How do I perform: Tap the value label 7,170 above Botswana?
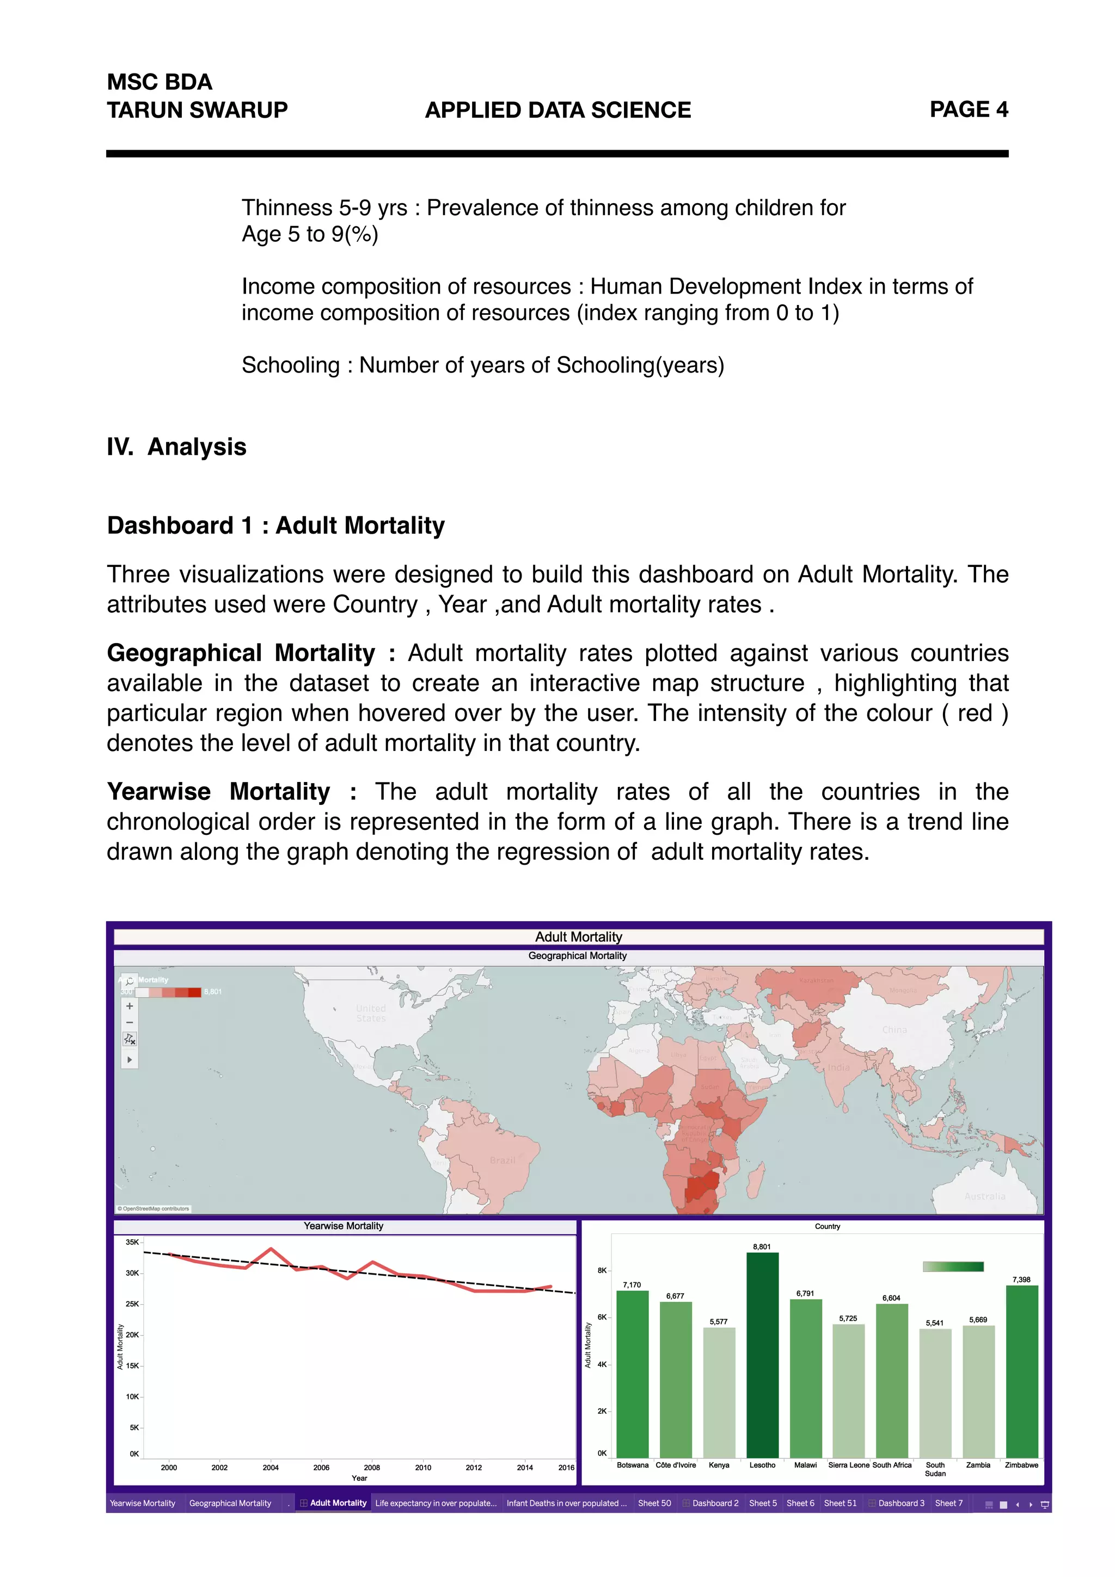click(632, 1285)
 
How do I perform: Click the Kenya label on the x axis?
click(719, 1465)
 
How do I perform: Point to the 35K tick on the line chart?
click(132, 1242)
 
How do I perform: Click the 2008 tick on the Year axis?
click(371, 1467)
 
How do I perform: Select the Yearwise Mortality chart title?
click(344, 1226)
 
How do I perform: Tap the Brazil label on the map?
click(502, 1160)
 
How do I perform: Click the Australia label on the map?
click(984, 1196)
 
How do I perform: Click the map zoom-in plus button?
click(129, 1006)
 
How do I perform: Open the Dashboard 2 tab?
click(715, 1503)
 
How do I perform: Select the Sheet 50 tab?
click(654, 1503)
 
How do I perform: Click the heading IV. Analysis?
click(176, 447)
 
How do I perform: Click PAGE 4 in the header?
click(968, 109)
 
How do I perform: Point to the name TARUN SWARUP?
click(197, 110)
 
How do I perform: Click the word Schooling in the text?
click(290, 365)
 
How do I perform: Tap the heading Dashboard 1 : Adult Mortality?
click(275, 525)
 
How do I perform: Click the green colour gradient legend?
click(953, 1267)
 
